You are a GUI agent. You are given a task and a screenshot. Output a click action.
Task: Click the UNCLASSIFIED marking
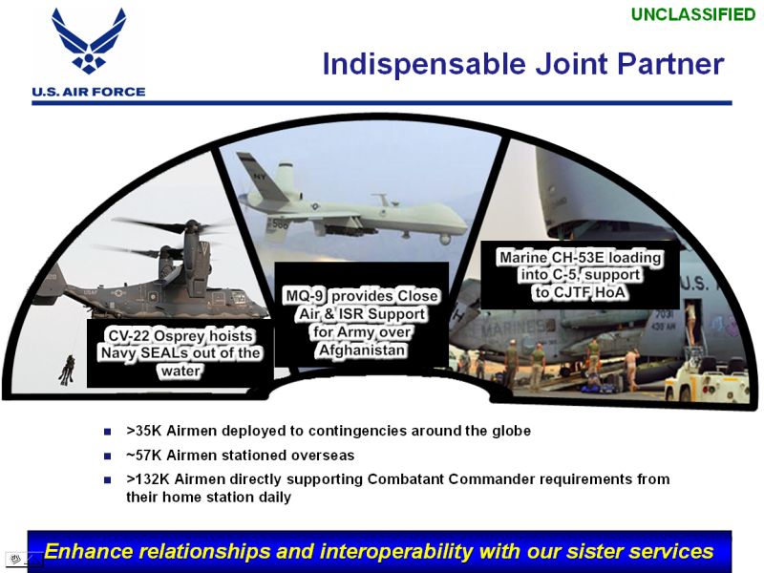click(x=693, y=14)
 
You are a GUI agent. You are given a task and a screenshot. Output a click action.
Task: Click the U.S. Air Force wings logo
click(x=89, y=41)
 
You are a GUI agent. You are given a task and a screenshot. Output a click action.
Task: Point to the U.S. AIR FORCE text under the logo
click(x=89, y=92)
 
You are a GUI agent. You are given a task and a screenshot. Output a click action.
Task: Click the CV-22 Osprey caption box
click(x=180, y=353)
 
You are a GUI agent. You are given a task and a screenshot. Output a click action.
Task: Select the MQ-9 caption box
click(x=362, y=314)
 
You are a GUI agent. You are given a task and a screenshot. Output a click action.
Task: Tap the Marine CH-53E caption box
click(x=580, y=275)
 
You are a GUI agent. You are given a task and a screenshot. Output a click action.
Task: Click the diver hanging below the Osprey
click(x=67, y=371)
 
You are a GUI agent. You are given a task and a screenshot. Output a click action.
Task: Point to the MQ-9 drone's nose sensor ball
click(x=444, y=239)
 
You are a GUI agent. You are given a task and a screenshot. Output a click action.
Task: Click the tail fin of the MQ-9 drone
click(x=264, y=177)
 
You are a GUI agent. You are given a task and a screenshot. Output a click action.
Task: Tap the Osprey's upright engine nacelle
click(x=194, y=258)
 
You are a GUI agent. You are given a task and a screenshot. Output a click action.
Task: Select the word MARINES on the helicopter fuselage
click(x=518, y=329)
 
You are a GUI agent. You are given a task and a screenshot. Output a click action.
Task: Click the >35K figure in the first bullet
click(x=144, y=431)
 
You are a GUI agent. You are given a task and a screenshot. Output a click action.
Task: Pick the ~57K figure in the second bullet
click(x=144, y=456)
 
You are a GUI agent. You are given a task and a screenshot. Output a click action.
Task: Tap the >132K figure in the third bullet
click(x=148, y=479)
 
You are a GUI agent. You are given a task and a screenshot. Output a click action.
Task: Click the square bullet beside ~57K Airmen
click(x=107, y=456)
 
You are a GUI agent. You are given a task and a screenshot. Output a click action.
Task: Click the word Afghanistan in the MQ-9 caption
click(x=362, y=350)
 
